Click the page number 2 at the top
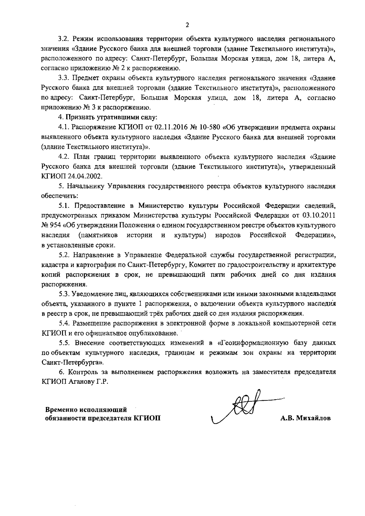pyautogui.click(x=187, y=25)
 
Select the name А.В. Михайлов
pyautogui.click(x=305, y=418)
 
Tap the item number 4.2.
pyautogui.click(x=65, y=157)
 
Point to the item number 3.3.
pyautogui.click(x=65, y=78)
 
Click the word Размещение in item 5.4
pyautogui.click(x=90, y=323)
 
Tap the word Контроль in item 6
pyautogui.click(x=81, y=372)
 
